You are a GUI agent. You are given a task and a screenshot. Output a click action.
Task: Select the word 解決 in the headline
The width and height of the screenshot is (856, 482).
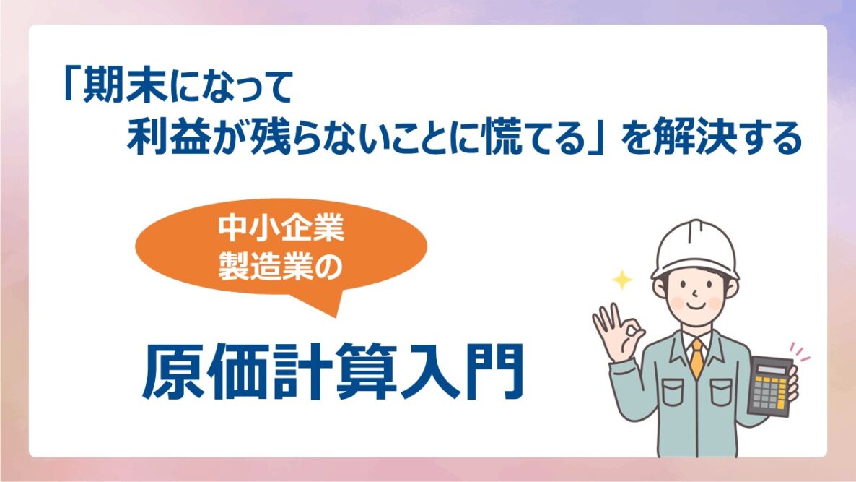click(694, 137)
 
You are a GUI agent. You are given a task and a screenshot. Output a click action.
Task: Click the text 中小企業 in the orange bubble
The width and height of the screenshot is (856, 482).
click(281, 228)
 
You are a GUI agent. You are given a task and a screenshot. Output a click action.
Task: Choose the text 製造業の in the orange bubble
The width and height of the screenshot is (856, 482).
click(281, 267)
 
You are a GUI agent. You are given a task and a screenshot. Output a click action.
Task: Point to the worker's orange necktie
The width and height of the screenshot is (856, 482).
click(697, 357)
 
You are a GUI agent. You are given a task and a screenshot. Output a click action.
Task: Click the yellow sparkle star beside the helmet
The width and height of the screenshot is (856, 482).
click(621, 280)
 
